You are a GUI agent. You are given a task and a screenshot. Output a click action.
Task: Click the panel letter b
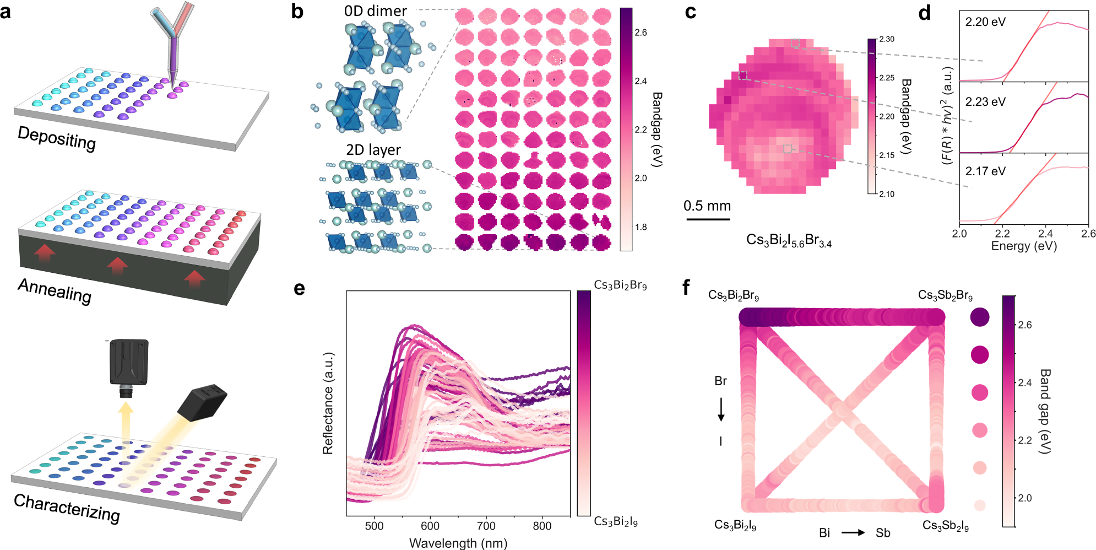point(297,12)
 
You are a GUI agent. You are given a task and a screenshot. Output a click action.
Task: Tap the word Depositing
point(57,137)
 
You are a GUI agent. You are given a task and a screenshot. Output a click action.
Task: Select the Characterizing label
point(67,508)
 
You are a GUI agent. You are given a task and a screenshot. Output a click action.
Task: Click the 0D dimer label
point(375,11)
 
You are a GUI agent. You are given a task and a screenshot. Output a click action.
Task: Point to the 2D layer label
point(373,150)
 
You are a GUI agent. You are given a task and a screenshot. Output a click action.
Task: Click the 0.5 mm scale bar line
point(708,219)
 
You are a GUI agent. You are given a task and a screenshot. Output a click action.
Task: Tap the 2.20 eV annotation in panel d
point(985,22)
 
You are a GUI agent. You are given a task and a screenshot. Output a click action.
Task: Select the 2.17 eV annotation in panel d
point(985,171)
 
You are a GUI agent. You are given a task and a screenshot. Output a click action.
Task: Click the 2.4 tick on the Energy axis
point(1045,234)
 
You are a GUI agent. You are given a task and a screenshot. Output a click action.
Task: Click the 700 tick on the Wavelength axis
point(486,526)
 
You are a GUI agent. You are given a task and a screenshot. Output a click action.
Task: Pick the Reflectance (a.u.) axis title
point(328,403)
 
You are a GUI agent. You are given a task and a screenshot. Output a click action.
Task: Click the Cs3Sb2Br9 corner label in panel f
point(945,295)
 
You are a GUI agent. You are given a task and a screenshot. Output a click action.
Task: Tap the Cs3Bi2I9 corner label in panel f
point(735,525)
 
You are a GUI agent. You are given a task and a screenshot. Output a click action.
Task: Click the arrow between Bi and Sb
point(853,532)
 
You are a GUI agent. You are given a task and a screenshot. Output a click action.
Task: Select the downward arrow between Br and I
point(721,411)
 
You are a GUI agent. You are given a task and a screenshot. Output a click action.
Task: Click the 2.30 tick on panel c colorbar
point(887,39)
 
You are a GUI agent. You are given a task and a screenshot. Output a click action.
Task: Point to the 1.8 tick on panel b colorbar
point(641,227)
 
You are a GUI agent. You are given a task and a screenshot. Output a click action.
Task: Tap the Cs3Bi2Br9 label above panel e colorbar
point(620,285)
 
